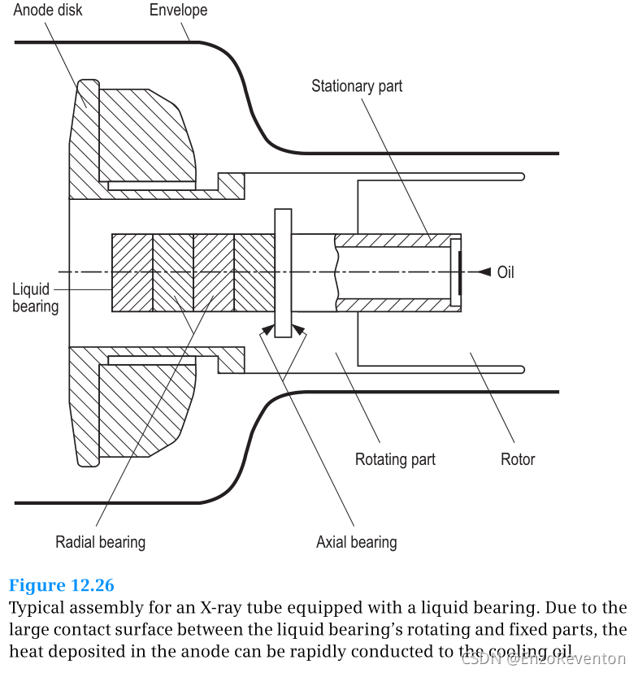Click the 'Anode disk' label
48,11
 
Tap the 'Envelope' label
178,11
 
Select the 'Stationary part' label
357,85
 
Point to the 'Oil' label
506,272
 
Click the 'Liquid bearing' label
34,297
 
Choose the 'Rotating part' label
395,459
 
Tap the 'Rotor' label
518,459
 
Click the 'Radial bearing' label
100,541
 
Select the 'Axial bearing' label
356,541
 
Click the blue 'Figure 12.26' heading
62,585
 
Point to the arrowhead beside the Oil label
484,271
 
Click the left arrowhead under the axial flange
266,329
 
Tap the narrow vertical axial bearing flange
283,272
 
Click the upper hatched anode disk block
146,134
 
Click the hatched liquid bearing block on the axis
193,272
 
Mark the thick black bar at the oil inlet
459,272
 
